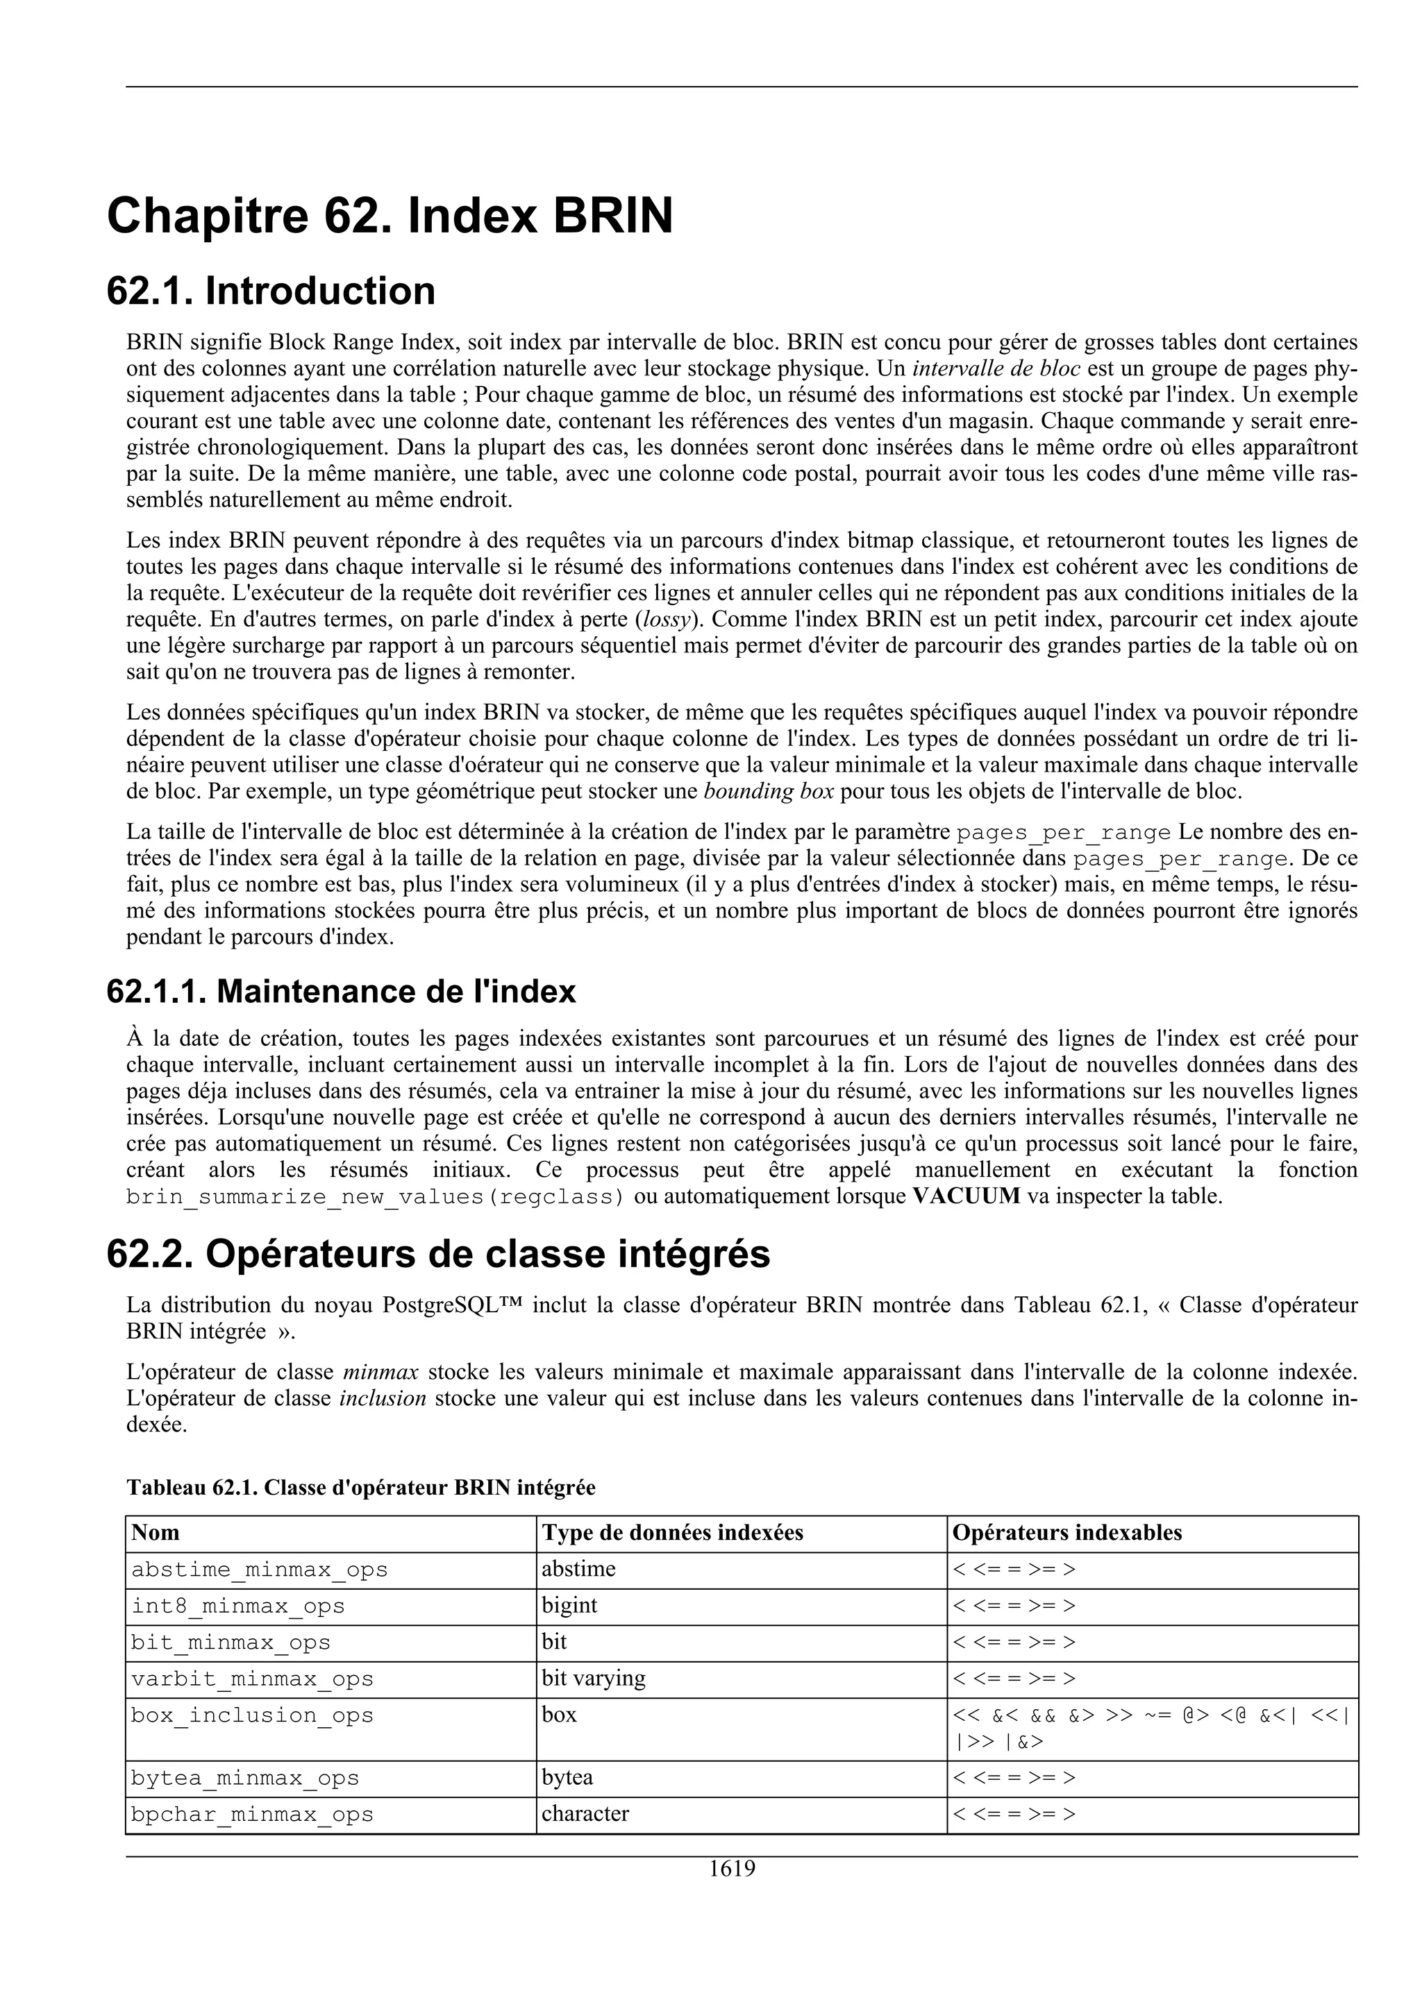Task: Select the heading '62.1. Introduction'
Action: pyautogui.click(x=271, y=291)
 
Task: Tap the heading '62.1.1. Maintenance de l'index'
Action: pyautogui.click(x=341, y=992)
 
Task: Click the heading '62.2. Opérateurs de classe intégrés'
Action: pyautogui.click(x=438, y=1254)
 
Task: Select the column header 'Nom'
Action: pyautogui.click(x=155, y=1533)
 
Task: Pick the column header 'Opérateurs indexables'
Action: pyautogui.click(x=1066, y=1533)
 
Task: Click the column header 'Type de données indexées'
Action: pyautogui.click(x=672, y=1533)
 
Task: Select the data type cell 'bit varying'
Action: pyautogui.click(x=593, y=1678)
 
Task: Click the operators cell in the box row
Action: pyautogui.click(x=1150, y=1727)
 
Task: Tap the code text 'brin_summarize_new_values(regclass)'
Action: pyautogui.click(x=375, y=1196)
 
